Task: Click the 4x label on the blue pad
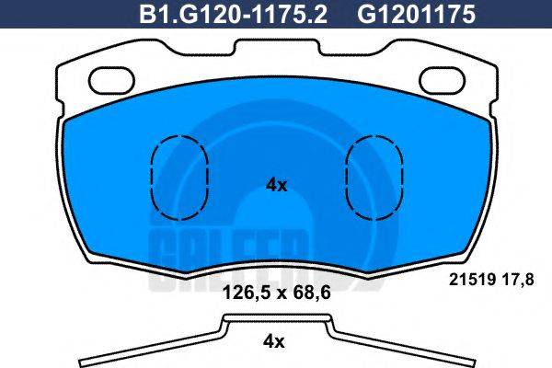tap(276, 185)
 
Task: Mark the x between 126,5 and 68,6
tap(276, 295)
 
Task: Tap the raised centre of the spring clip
tap(276, 318)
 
